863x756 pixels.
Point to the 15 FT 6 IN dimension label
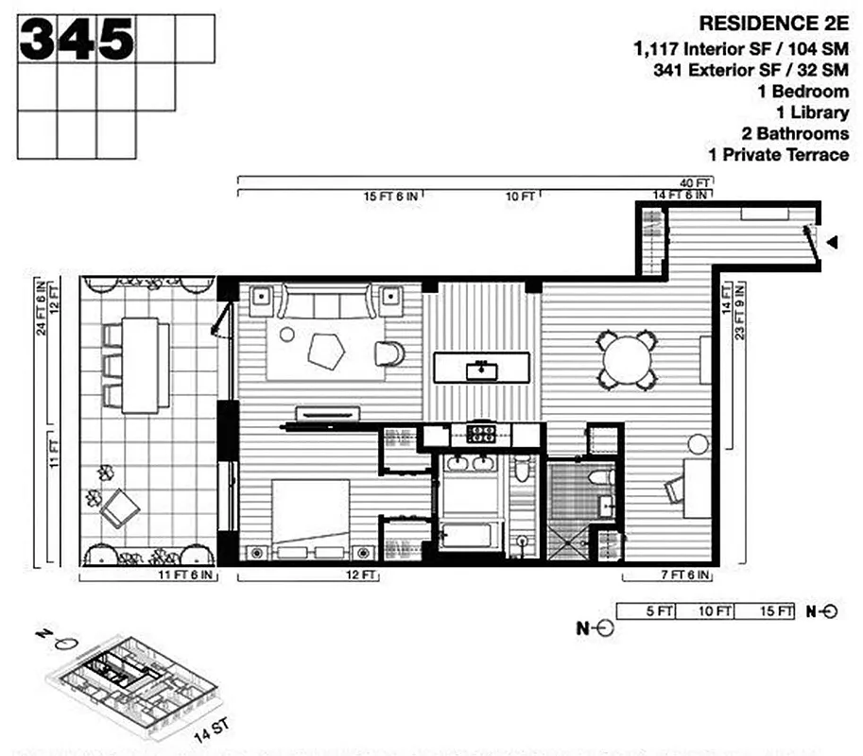pos(391,197)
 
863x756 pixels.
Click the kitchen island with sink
pos(482,367)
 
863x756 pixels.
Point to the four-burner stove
pos(483,435)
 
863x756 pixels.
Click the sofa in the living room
pos(326,304)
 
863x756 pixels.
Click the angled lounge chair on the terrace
pos(121,508)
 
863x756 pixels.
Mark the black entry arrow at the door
pos(832,243)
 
